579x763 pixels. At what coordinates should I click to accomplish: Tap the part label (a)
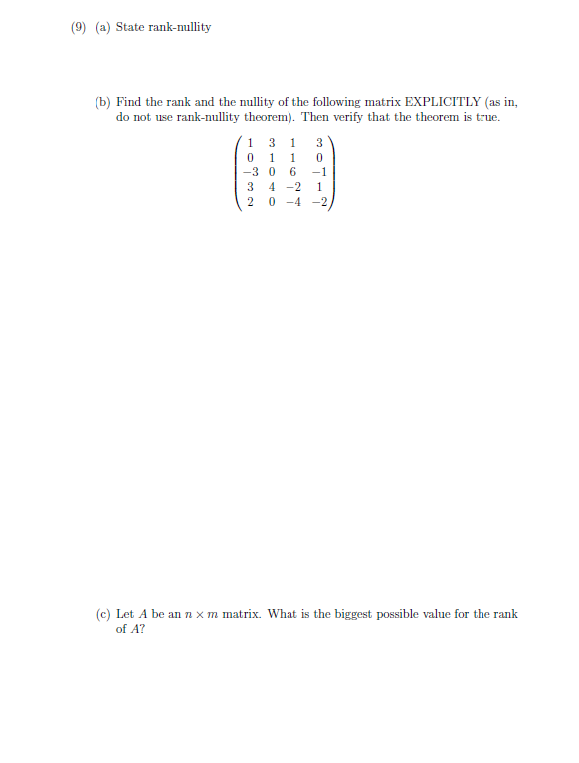[x=102, y=27]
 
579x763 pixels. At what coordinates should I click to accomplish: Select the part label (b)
[x=103, y=102]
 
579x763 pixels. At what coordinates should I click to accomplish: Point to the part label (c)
[x=102, y=614]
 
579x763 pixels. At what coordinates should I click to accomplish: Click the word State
[x=130, y=27]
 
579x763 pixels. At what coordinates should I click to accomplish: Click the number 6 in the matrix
[x=293, y=169]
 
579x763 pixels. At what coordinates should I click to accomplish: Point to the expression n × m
[x=199, y=614]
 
